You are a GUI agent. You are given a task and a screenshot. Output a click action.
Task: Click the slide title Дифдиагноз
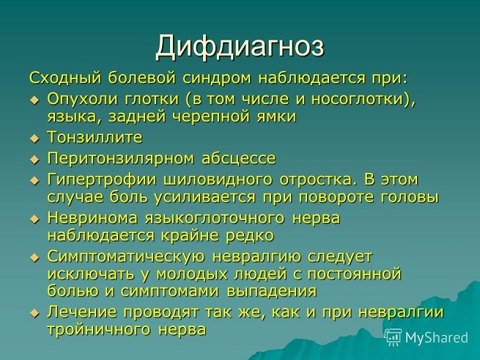(x=240, y=47)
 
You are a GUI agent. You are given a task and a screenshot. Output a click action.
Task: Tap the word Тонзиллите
(x=95, y=137)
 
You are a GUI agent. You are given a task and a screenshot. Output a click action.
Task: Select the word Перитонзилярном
(x=121, y=159)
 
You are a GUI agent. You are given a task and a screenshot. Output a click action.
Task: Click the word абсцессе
(x=239, y=158)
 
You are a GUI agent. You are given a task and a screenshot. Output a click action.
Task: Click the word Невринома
(x=92, y=218)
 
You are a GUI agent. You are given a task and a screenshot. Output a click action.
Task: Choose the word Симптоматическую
(x=126, y=257)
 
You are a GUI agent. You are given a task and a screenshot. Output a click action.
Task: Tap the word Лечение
(x=82, y=312)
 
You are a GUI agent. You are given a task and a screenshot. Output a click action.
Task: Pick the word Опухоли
(x=82, y=99)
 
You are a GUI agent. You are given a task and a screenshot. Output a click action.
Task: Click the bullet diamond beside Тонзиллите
(x=34, y=139)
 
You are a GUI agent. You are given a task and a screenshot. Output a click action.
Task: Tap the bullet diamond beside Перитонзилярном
(x=34, y=160)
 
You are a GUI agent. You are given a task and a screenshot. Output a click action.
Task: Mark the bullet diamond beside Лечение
(x=34, y=314)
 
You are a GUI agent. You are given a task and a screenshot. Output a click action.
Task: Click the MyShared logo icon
(x=393, y=337)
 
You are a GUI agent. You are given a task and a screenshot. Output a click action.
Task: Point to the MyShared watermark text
(x=437, y=337)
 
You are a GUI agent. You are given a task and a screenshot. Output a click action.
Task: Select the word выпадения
(x=272, y=291)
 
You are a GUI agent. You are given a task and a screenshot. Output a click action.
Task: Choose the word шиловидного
(x=218, y=180)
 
